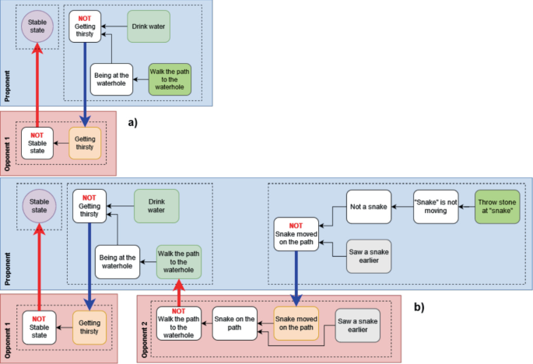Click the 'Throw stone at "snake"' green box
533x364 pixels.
(498, 206)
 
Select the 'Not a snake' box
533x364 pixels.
(368, 206)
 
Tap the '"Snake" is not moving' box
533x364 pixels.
(435, 206)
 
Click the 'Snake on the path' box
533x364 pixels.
(236, 323)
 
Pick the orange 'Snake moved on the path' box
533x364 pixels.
(296, 323)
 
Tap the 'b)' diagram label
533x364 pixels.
(419, 307)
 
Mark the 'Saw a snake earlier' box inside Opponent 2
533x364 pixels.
(358, 323)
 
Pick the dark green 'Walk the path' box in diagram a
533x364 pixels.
(170, 79)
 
